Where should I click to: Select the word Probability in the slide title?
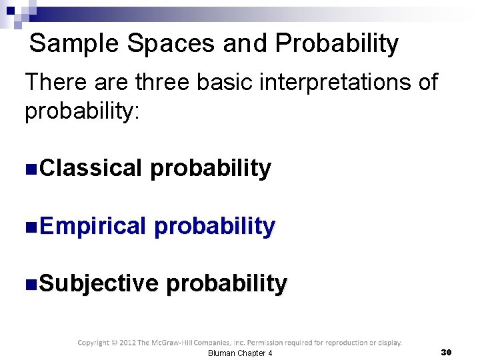point(337,44)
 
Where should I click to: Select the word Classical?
point(91,168)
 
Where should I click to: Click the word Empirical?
point(93,226)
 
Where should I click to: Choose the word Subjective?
point(99,283)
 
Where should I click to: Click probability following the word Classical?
point(211,169)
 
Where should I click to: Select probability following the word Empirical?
point(214,227)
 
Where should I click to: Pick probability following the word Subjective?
point(227,284)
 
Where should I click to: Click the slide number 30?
point(447,351)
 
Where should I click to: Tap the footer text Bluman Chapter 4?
point(240,353)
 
